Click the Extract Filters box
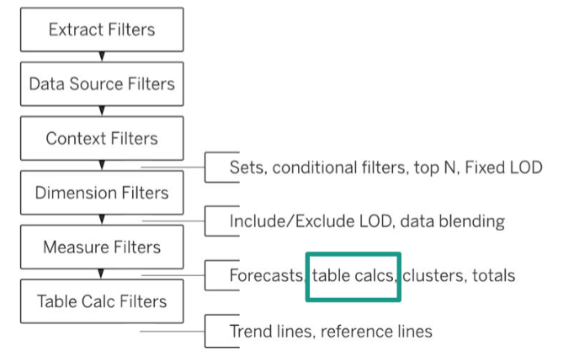102,29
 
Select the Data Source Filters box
102,84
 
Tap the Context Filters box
102,138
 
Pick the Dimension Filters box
102,193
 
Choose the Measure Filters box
102,247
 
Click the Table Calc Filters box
102,301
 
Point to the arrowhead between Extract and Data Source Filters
102,56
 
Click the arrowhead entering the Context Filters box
102,111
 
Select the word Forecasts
267,275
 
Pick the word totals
493,275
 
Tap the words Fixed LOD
503,168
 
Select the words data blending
453,221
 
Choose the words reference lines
376,332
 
